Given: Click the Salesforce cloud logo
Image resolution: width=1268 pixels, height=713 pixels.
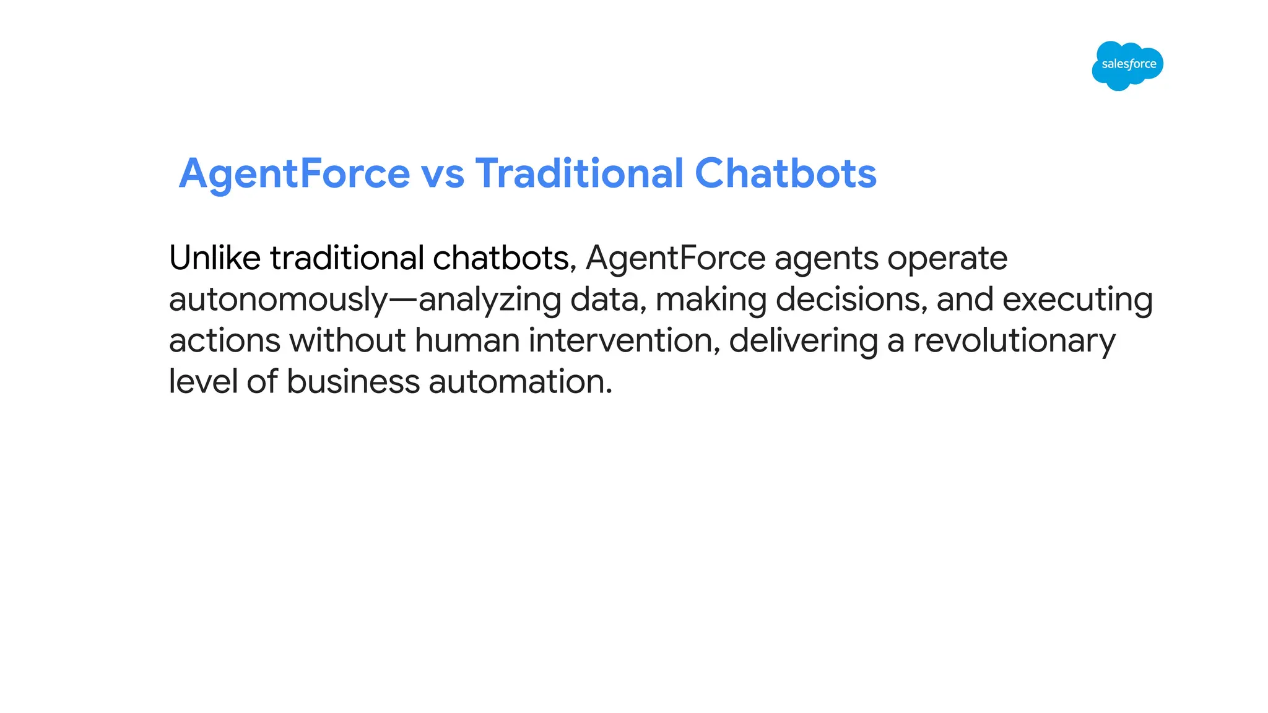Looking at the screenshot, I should coord(1127,65).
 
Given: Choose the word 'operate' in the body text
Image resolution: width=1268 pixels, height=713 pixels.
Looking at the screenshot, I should coord(947,259).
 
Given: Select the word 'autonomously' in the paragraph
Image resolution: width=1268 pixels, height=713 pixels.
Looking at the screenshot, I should coord(278,300).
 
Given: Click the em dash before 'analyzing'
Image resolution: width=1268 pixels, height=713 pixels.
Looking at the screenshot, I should coord(403,300).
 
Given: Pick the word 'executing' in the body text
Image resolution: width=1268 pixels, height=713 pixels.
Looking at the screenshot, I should coord(1077,300).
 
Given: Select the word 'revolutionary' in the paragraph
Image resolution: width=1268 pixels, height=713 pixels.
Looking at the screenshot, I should coord(1014,342).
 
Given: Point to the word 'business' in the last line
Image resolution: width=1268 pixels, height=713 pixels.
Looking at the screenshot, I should coord(353,381).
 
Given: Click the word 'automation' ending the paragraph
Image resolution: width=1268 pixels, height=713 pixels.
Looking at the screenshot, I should coord(520,381).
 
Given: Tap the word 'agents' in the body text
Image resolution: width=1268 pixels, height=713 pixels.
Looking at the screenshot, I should coord(826,259).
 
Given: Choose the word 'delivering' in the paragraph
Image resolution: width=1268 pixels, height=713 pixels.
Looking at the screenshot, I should coord(803,342).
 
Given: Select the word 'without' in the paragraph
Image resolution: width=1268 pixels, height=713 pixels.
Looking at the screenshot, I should coord(347,340).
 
